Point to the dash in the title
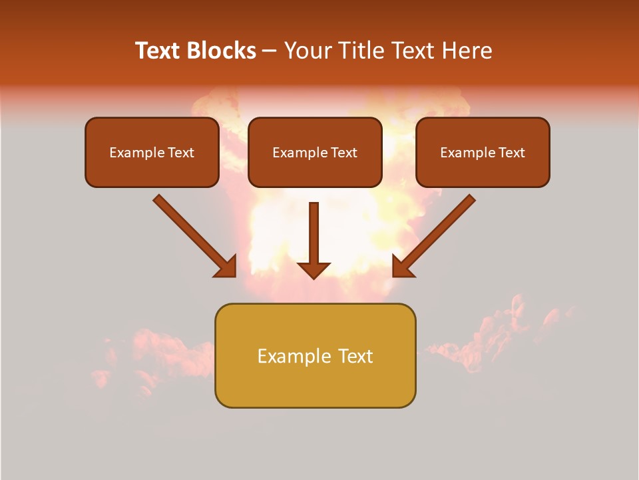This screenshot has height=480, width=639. tap(270, 51)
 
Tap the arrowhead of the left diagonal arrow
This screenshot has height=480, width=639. tap(226, 267)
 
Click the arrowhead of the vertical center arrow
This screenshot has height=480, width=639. tap(314, 270)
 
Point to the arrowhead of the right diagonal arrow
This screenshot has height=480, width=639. tap(402, 267)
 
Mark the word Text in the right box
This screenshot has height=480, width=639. tap(511, 153)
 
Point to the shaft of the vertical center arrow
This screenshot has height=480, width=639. tap(314, 230)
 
